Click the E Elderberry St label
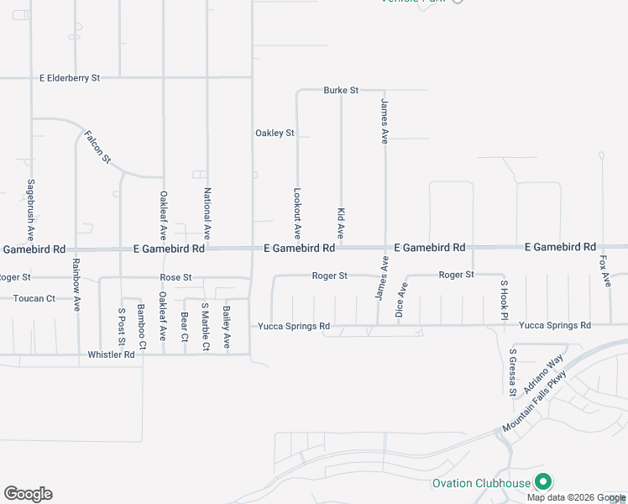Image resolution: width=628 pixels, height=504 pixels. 70,78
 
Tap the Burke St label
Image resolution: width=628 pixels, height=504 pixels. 341,90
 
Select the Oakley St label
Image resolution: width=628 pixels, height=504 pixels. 275,134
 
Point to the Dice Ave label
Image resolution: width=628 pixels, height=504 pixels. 402,301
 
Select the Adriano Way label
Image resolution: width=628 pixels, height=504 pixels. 543,374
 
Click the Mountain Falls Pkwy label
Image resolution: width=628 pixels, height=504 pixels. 535,406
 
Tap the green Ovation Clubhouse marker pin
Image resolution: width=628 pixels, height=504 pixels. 543,481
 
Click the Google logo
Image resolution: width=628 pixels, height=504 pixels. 28,494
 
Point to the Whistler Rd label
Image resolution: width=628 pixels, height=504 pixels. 111,355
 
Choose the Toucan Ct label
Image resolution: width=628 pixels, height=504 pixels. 34,298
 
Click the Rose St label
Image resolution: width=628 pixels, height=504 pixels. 176,277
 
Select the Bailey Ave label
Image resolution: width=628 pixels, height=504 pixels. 227,328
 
